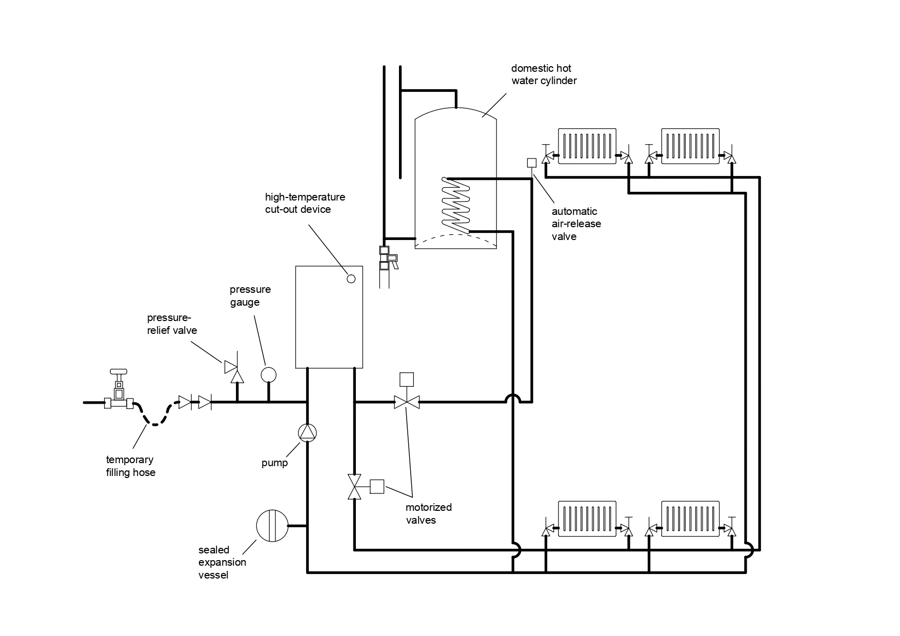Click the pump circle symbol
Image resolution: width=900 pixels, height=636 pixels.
308,433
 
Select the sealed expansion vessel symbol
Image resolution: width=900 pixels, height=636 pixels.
272,526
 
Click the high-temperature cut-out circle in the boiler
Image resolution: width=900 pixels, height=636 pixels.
351,279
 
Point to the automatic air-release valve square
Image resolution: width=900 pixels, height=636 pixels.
532,163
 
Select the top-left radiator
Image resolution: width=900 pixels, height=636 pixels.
587,146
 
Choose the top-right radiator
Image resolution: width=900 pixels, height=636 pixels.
690,146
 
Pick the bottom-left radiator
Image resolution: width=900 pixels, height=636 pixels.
587,519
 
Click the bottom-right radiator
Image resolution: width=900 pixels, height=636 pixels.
690,519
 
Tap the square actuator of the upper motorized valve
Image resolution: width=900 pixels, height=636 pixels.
407,380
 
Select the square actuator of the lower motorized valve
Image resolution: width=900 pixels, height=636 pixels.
377,486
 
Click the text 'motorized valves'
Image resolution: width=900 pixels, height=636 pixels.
429,513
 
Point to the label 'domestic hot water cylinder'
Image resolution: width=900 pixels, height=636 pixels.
544,74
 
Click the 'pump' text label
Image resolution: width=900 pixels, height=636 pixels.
274,463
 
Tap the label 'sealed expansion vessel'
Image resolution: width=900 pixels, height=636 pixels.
222,563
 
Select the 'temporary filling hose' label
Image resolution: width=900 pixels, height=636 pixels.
131,466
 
